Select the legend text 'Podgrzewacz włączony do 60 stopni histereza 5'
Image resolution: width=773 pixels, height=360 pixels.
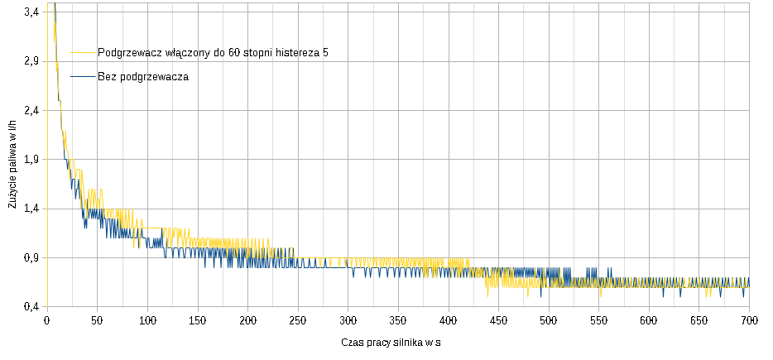[213, 52]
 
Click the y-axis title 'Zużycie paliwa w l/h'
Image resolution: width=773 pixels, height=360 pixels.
[12, 163]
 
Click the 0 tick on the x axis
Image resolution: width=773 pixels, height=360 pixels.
[46, 320]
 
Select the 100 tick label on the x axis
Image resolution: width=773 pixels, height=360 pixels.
[146, 320]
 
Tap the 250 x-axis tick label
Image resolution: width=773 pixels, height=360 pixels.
[297, 320]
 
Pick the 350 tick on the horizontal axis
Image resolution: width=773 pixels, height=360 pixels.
[397, 320]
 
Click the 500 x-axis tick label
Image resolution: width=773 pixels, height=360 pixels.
[548, 320]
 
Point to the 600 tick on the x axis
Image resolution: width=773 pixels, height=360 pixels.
[648, 320]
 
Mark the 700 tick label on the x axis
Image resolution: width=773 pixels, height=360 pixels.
[748, 320]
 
